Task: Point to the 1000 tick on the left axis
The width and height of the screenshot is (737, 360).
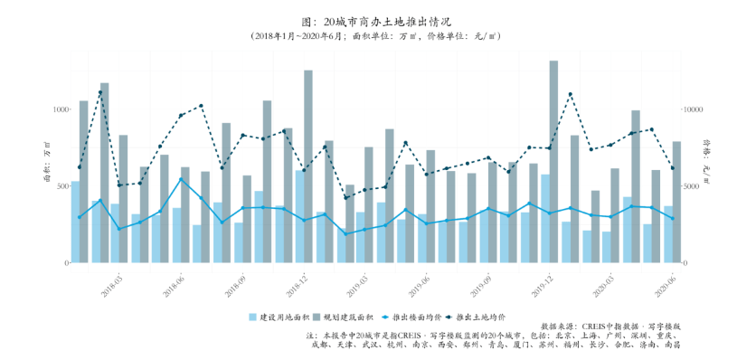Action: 60,109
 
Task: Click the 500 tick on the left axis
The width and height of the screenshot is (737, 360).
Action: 61,185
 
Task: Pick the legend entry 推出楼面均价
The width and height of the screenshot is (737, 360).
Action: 412,317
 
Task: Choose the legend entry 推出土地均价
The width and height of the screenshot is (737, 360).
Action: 476,317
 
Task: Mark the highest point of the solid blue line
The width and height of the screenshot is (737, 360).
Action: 181,179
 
